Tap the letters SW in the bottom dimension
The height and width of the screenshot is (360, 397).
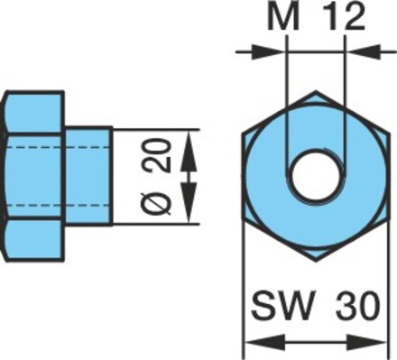pyautogui.click(x=282, y=305)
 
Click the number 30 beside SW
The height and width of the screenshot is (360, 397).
pyautogui.click(x=357, y=305)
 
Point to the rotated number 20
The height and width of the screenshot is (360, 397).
pyautogui.click(x=160, y=156)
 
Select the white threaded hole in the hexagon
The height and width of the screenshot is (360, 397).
pyautogui.click(x=315, y=177)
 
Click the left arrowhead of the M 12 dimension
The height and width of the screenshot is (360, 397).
pyautogui.click(x=269, y=51)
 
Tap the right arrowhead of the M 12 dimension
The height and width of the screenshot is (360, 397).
pyautogui.click(x=364, y=51)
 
